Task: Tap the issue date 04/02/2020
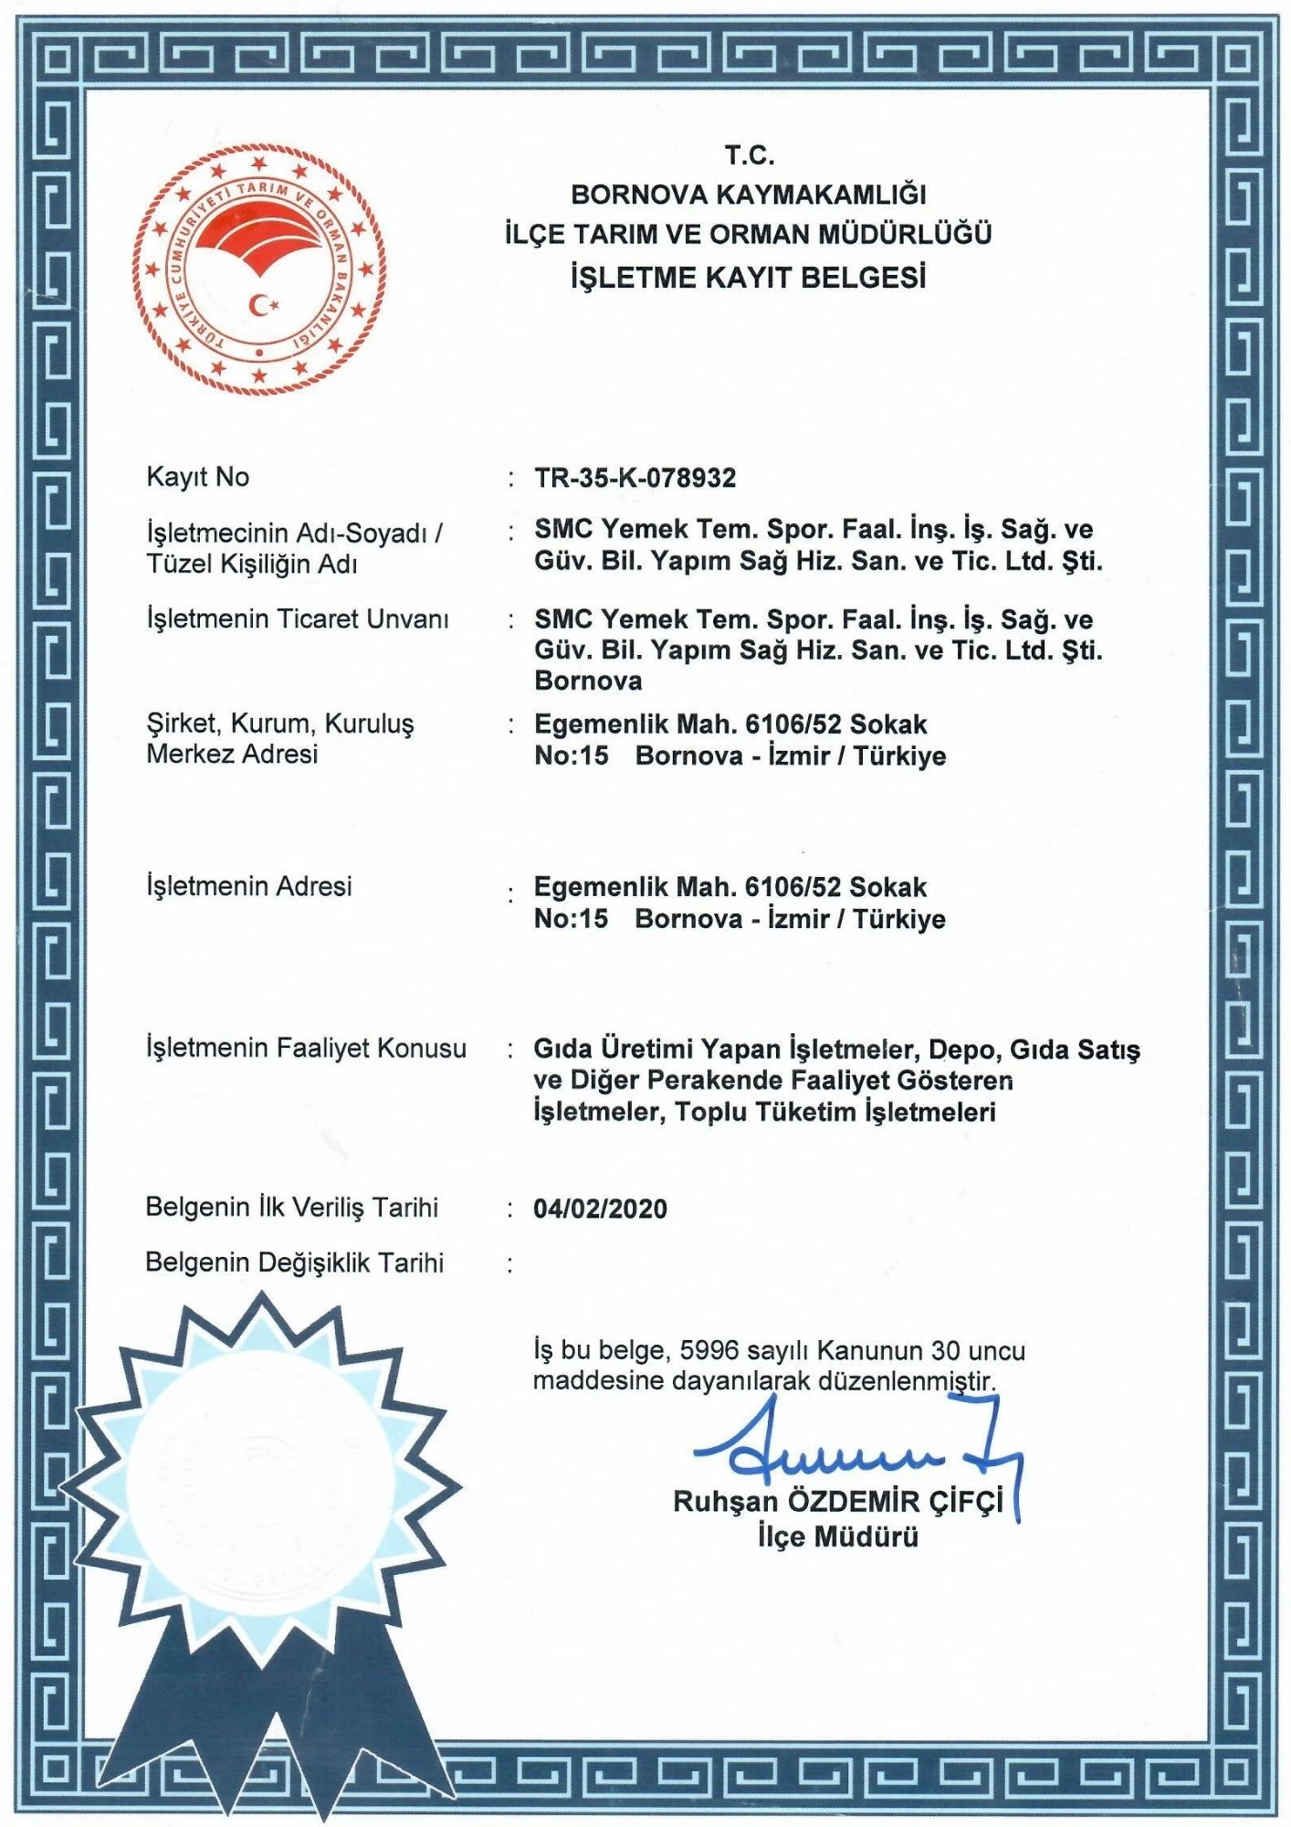pyautogui.click(x=600, y=1209)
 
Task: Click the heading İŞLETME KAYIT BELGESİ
pyautogui.click(x=749, y=277)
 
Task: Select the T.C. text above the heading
pyautogui.click(x=750, y=156)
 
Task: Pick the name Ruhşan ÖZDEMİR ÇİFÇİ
pyautogui.click(x=837, y=1502)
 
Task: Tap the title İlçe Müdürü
pyautogui.click(x=837, y=1537)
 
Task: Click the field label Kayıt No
pyautogui.click(x=197, y=477)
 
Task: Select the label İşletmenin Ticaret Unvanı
pyautogui.click(x=298, y=619)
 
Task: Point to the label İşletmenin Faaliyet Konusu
pyautogui.click(x=306, y=1048)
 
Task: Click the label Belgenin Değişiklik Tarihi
pyautogui.click(x=294, y=1262)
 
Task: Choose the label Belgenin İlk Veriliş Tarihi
pyautogui.click(x=291, y=1208)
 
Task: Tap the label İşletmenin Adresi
pyautogui.click(x=248, y=886)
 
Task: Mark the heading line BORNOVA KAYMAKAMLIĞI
pyautogui.click(x=749, y=195)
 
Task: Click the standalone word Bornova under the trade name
pyautogui.click(x=588, y=681)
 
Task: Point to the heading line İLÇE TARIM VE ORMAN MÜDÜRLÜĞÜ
pyautogui.click(x=749, y=235)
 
